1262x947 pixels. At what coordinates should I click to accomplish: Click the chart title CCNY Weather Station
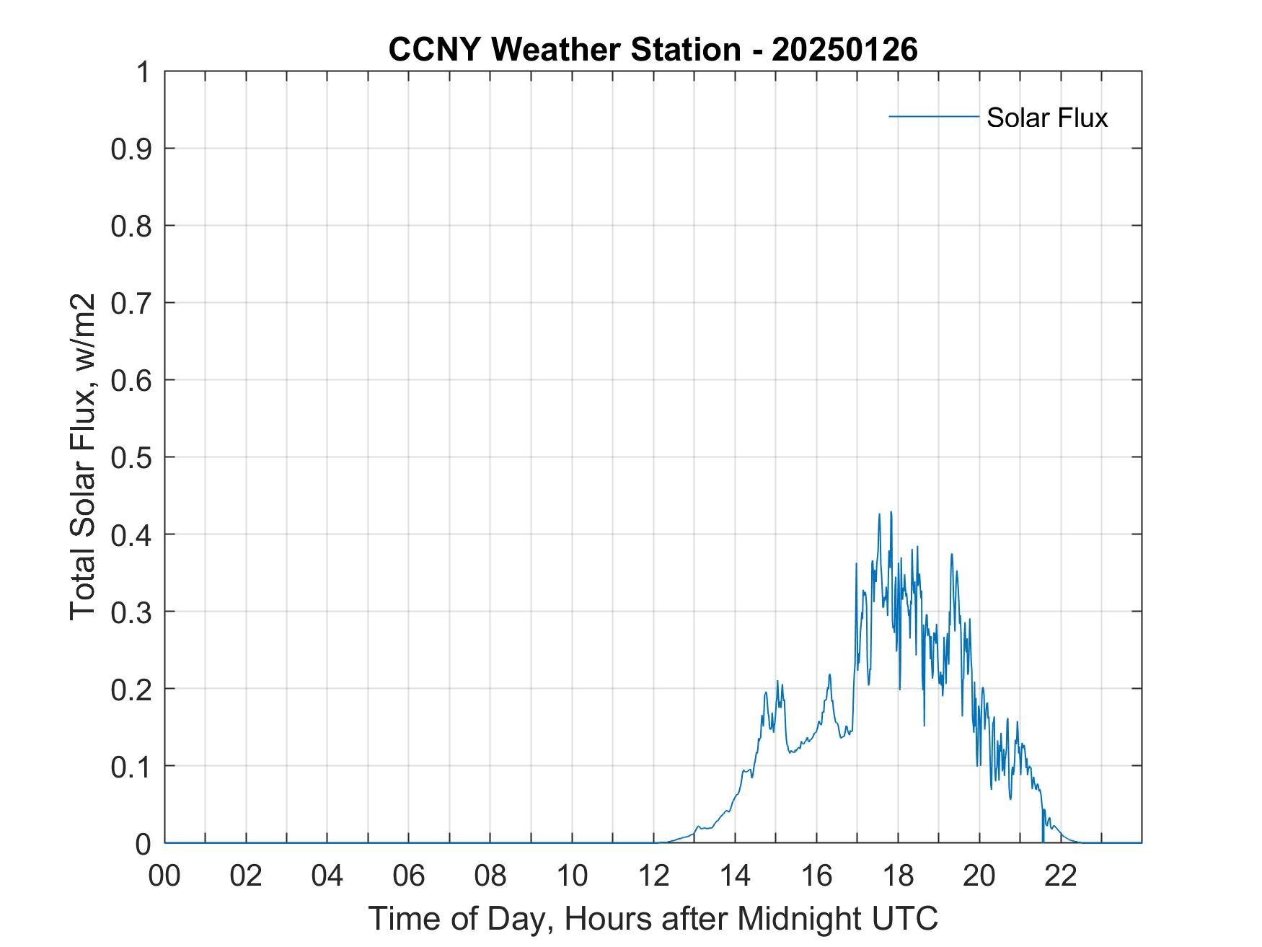[564, 50]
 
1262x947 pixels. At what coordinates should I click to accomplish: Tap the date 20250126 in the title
[844, 50]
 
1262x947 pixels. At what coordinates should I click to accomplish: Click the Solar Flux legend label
[1046, 117]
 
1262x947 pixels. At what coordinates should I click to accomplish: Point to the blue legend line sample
[933, 116]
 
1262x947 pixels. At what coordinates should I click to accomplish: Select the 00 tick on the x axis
[164, 876]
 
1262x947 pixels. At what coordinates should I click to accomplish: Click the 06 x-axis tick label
[409, 876]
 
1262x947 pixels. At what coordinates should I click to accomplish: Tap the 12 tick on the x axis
[653, 876]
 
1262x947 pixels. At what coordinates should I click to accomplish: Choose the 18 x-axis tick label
[898, 876]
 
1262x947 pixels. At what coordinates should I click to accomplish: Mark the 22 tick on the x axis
[1061, 876]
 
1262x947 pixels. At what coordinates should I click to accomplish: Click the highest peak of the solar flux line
[891, 512]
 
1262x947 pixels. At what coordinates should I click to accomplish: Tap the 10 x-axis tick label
[572, 876]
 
